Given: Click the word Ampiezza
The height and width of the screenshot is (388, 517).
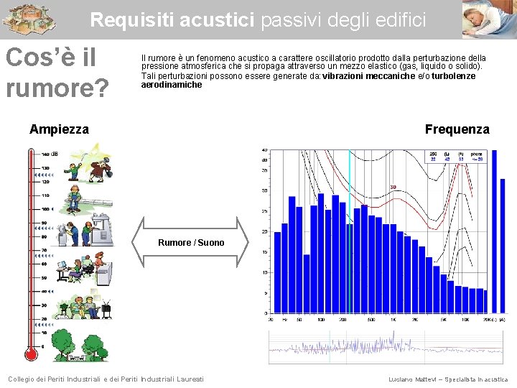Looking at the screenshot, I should (x=59, y=129).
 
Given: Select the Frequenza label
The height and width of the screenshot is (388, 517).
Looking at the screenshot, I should (x=457, y=129).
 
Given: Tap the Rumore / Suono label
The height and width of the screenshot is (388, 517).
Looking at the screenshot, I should (x=191, y=243).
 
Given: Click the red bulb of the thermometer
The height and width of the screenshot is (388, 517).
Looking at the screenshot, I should (x=31, y=354).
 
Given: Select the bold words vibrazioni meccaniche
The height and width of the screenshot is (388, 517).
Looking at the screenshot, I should (x=369, y=76).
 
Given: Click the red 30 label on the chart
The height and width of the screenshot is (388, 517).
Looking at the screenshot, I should (x=393, y=188).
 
